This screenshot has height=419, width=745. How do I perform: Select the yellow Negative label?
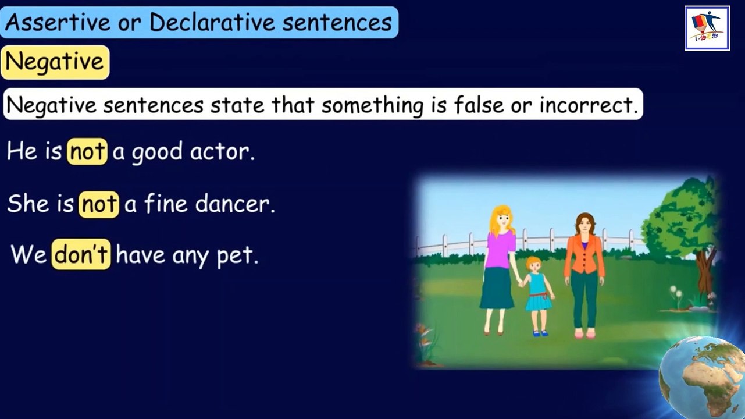click(55, 62)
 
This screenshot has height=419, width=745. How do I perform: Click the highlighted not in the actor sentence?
click(87, 152)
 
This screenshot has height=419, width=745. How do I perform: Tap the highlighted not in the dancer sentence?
click(99, 204)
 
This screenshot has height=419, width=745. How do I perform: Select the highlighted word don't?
click(81, 255)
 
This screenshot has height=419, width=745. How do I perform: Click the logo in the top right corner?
click(707, 28)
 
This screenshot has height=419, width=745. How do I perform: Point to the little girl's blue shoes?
click(540, 333)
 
